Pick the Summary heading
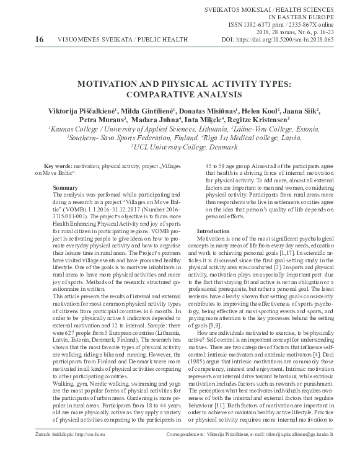[x=65, y=187]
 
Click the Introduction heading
[x=213, y=231]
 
